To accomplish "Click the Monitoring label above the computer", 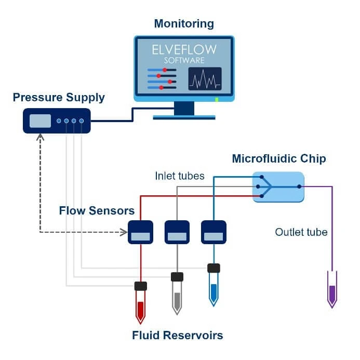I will (184, 23).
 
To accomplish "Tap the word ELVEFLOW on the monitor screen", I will (184, 50).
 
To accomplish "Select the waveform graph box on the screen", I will (205, 78).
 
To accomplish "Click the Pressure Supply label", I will (59, 97).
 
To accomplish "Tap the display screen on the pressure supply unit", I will (40, 121).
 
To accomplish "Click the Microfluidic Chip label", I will (279, 158).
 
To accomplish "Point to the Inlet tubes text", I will (180, 176).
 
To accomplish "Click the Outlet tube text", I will (301, 232).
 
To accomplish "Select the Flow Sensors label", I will (97, 211).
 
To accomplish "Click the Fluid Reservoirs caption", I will (178, 335).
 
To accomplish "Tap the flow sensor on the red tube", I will (141, 232).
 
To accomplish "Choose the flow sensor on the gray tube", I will (177, 232).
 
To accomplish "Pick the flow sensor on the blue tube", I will (214, 232).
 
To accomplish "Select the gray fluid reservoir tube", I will (177, 298).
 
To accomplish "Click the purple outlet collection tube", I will (332, 289).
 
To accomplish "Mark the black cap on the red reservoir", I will (140, 286).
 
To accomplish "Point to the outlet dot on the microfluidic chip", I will (299, 186).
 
